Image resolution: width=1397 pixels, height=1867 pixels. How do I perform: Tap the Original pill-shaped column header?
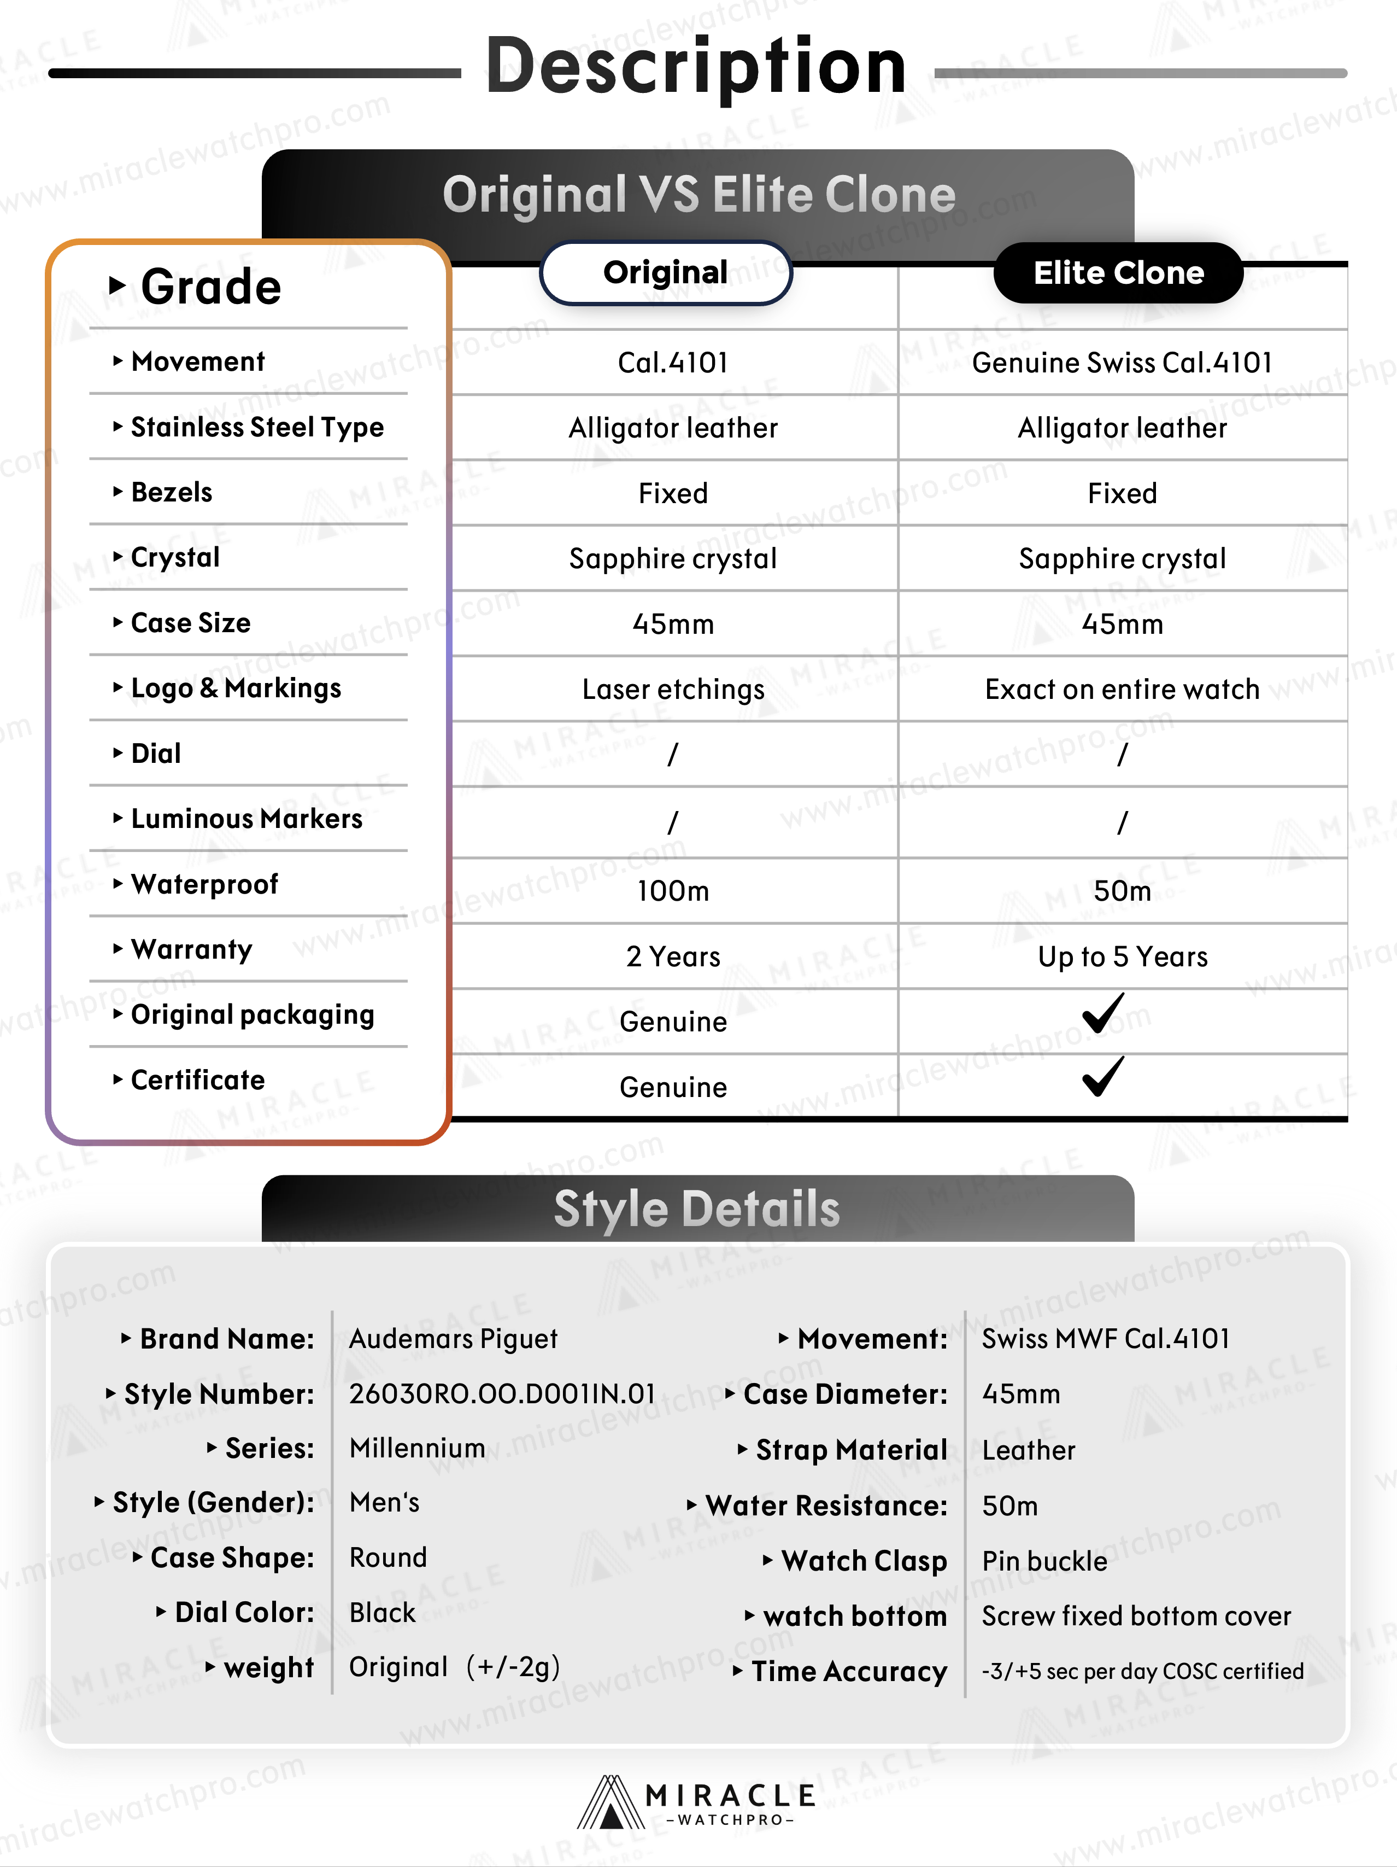(x=666, y=273)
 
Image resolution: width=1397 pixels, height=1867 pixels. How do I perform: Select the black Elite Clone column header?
(x=1119, y=273)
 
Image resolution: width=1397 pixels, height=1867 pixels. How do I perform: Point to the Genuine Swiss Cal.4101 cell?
(x=1122, y=363)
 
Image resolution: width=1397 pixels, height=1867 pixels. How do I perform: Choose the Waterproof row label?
(x=204, y=884)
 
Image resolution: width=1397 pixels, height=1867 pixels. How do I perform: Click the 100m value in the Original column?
(x=672, y=890)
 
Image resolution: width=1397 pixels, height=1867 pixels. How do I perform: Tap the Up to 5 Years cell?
(x=1122, y=956)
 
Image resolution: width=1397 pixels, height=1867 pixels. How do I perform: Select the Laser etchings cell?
(x=672, y=690)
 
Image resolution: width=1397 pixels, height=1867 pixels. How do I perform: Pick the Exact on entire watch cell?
(x=1122, y=690)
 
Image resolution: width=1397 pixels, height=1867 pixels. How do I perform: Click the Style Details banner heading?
(x=697, y=1209)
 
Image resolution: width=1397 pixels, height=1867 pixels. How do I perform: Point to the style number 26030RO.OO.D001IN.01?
(x=502, y=1393)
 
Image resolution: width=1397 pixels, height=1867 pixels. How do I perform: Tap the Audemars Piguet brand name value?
(x=453, y=1339)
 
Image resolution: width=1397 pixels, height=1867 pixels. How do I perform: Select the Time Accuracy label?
(x=849, y=1671)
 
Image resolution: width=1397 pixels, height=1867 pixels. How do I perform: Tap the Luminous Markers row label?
(x=246, y=819)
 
